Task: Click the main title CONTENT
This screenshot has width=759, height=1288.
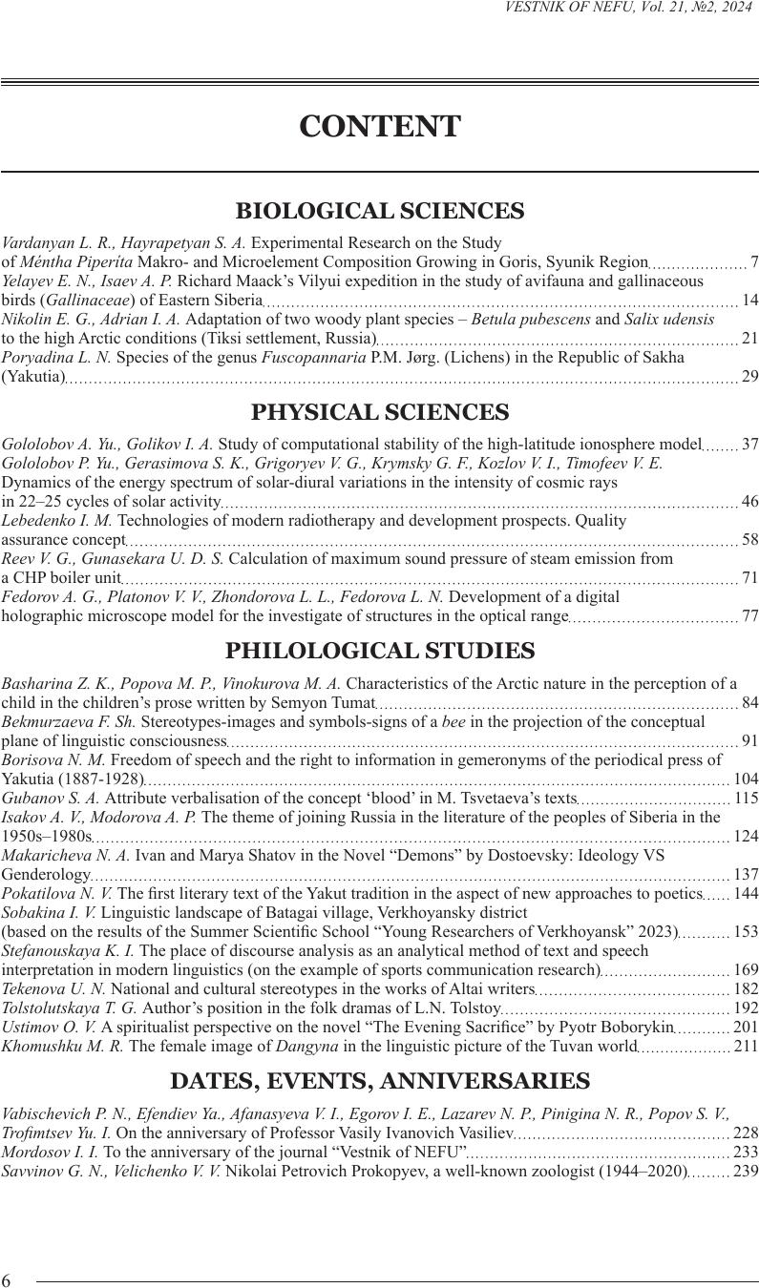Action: coord(379,127)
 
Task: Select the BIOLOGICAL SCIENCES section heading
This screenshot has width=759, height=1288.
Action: coord(379,211)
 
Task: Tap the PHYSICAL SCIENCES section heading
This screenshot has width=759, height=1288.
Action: coord(379,412)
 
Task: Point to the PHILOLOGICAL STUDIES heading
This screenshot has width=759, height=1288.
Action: coord(379,652)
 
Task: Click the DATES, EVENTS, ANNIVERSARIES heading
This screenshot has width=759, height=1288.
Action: coord(379,1081)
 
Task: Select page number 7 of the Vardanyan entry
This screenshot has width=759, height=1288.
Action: coord(754,262)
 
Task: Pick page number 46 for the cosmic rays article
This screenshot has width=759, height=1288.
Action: coord(749,502)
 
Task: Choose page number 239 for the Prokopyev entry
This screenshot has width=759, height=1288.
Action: coord(746,1171)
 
